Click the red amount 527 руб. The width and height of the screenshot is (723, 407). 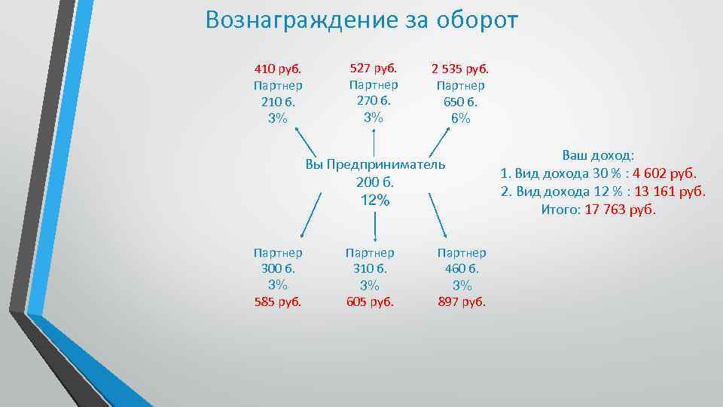[374, 68]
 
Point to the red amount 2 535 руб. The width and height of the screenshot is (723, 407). [460, 69]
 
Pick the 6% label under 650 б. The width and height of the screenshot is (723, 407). [460, 118]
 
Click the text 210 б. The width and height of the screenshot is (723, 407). [278, 102]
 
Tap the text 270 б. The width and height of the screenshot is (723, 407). [374, 100]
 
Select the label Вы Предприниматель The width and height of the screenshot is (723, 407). [375, 164]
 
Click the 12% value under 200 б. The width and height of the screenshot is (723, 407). [375, 200]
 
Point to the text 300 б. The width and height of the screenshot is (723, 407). [278, 268]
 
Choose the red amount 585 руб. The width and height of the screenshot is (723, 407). [278, 301]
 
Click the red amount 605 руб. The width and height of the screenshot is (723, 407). [369, 301]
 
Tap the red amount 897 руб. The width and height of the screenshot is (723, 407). [462, 301]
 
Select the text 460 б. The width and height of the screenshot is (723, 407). [462, 268]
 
